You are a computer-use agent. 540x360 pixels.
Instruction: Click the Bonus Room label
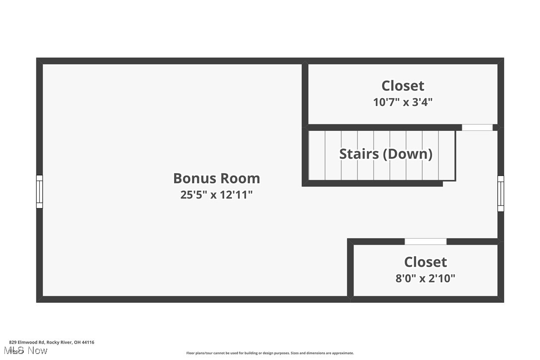click(x=216, y=178)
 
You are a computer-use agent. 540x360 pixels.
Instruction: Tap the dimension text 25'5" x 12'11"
click(x=216, y=194)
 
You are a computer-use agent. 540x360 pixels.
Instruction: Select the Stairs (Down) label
click(x=385, y=154)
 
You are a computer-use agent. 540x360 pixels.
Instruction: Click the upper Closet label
click(x=403, y=86)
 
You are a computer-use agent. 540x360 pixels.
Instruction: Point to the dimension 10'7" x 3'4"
click(x=403, y=102)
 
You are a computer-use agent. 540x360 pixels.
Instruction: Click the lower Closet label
click(x=425, y=262)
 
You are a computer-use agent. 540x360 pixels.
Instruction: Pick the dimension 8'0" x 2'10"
click(x=425, y=278)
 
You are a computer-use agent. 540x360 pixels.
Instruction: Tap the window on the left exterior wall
click(x=39, y=191)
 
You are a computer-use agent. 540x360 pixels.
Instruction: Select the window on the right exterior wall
click(x=501, y=193)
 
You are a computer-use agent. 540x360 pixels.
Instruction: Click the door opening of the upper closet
click(x=477, y=127)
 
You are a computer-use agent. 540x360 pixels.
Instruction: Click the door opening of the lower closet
click(x=425, y=242)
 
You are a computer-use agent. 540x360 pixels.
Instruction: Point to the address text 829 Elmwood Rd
click(x=27, y=342)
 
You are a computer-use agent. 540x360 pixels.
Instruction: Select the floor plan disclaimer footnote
click(x=270, y=353)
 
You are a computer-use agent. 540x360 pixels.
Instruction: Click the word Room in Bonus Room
click(x=240, y=178)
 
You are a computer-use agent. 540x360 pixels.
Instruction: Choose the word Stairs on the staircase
click(x=356, y=154)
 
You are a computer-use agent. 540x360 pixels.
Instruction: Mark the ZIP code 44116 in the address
click(x=89, y=342)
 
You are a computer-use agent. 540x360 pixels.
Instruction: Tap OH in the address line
click(x=77, y=342)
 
